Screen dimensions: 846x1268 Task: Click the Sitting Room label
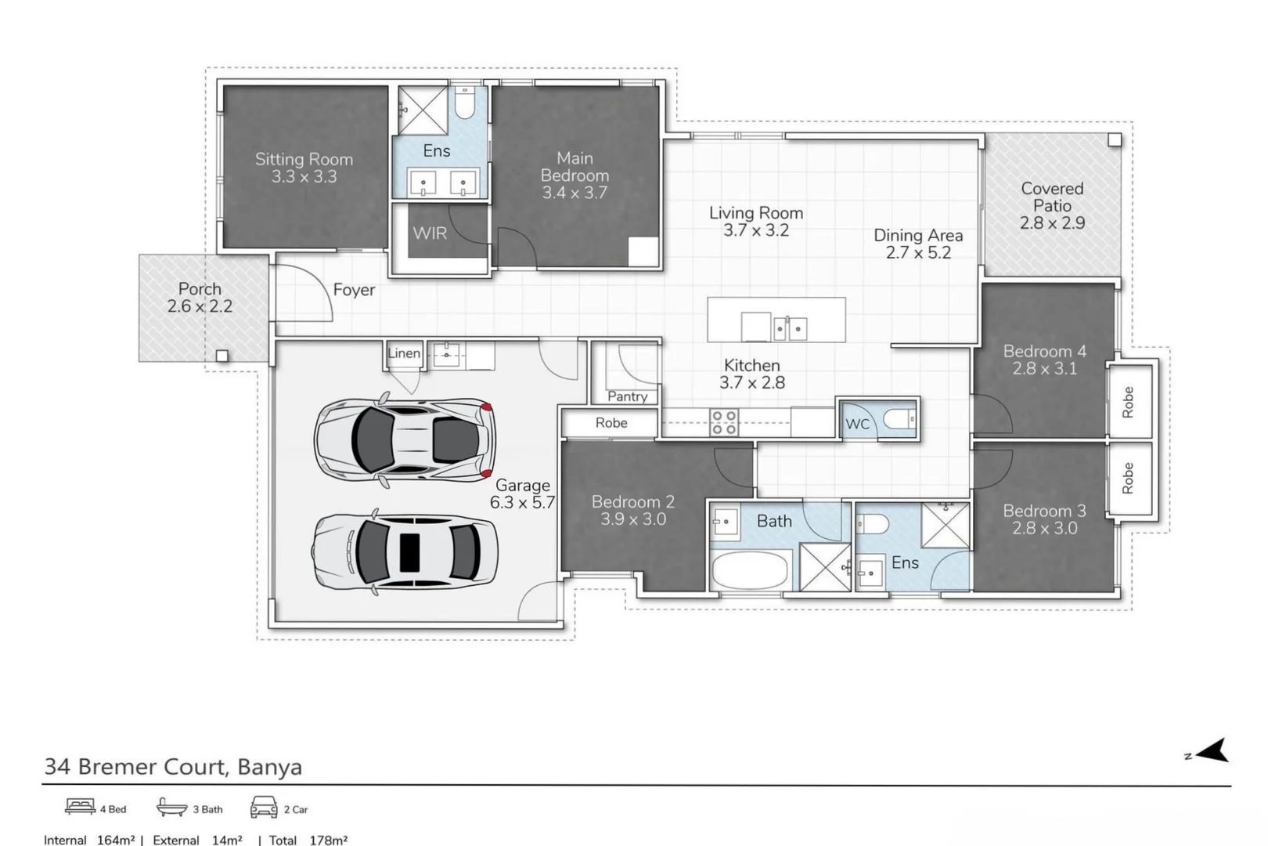pos(304,159)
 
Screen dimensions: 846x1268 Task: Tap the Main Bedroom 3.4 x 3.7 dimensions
pos(575,193)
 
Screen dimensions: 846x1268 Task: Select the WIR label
pos(430,233)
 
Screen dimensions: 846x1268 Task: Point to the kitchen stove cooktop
pos(723,422)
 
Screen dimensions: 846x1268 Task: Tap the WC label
pos(857,424)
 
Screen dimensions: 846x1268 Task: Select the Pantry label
pos(627,396)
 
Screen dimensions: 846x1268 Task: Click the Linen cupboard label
pos(404,353)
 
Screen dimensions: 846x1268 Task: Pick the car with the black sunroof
pos(405,551)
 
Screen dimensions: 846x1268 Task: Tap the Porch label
pos(200,289)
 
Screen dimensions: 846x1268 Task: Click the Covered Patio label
pos(1052,197)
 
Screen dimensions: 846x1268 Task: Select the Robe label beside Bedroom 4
pos(1128,402)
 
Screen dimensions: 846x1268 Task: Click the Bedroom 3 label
pos(1044,511)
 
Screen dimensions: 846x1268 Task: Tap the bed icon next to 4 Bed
pos(80,807)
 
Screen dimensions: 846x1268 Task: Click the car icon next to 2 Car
pos(265,807)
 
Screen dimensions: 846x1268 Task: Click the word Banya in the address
pos(269,766)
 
